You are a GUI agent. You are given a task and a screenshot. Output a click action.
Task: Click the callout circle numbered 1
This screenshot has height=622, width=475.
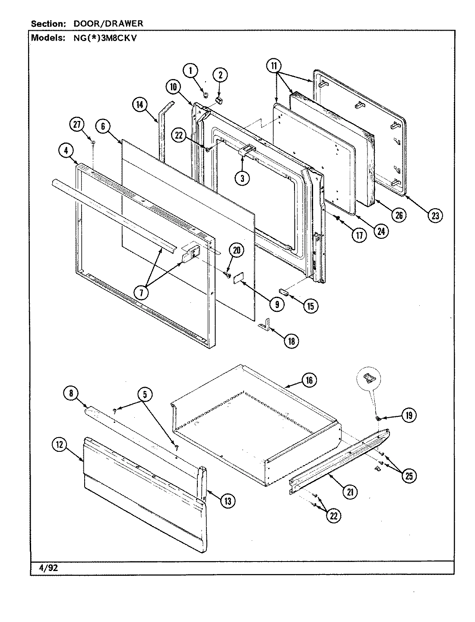click(190, 70)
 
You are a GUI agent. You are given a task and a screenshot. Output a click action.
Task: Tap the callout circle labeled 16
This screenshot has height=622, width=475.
click(309, 381)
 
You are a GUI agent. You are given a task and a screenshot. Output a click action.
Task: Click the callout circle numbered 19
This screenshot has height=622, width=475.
click(408, 416)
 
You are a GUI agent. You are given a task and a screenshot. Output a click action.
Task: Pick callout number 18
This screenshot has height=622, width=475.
click(291, 341)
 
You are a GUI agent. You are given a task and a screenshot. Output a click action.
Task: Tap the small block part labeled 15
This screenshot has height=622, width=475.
click(284, 292)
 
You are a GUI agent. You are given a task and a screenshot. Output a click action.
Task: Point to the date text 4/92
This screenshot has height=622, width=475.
click(45, 568)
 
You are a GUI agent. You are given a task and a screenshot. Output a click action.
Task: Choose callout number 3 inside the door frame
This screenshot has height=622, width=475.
click(242, 179)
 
